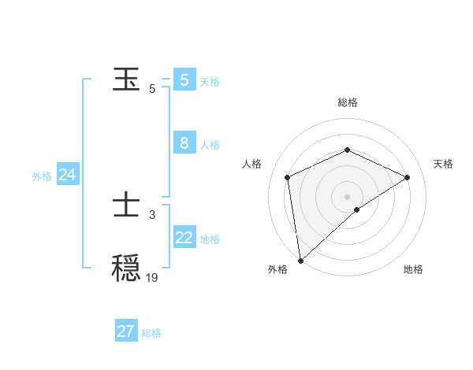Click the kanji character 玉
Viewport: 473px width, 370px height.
tap(127, 80)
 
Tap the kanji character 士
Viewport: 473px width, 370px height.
tap(127, 206)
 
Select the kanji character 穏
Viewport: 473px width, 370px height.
tap(127, 268)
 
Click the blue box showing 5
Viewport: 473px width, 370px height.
tap(184, 80)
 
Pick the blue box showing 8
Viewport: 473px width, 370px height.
tap(184, 143)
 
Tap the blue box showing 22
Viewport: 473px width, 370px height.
tap(184, 238)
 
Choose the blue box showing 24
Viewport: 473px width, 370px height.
tap(68, 175)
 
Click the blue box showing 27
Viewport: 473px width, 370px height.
tap(126, 331)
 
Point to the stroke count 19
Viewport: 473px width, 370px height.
tap(152, 277)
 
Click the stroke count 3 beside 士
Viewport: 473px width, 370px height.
tap(152, 214)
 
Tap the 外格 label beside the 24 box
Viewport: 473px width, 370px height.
tap(42, 176)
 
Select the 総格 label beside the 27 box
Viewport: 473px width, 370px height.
tap(151, 333)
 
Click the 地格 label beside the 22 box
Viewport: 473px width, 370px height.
tap(210, 239)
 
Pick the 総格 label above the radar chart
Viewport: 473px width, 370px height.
tap(347, 102)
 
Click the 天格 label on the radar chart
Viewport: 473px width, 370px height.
tap(443, 164)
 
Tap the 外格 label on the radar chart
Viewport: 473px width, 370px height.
tap(277, 269)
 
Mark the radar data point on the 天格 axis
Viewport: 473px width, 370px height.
tap(408, 177)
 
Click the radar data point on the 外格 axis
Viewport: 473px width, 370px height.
tap(300, 261)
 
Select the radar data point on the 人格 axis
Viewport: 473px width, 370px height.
tap(288, 177)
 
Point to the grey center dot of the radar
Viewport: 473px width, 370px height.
tap(347, 196)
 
